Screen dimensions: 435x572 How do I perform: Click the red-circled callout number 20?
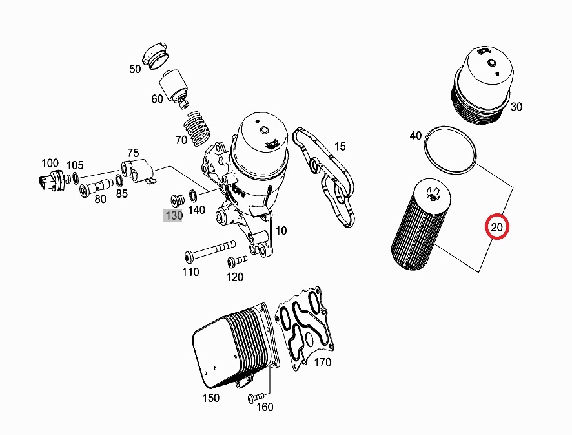[497, 227]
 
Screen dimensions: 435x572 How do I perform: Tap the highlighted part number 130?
[174, 216]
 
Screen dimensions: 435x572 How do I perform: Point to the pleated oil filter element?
[415, 223]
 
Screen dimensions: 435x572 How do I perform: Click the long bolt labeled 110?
[207, 249]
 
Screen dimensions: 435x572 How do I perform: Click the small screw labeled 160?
[256, 397]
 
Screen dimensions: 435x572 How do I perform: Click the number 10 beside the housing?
[281, 231]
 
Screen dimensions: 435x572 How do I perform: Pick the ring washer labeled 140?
[194, 195]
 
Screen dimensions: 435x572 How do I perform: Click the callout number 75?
[132, 153]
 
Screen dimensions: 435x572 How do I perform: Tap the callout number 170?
[322, 363]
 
